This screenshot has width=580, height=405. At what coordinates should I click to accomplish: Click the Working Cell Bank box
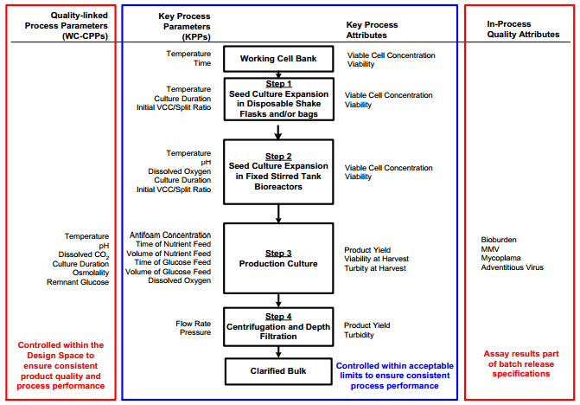[x=277, y=59]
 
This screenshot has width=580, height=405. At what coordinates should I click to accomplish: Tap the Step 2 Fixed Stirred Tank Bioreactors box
[x=277, y=170]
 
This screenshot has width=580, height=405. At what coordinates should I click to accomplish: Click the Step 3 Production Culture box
[x=277, y=258]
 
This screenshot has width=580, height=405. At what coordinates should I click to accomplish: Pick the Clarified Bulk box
[x=277, y=371]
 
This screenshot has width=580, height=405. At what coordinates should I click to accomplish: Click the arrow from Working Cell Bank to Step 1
[x=277, y=74]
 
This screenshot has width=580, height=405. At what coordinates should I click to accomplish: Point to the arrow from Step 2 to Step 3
[x=277, y=213]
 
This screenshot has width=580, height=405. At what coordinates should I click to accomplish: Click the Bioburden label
[x=500, y=239]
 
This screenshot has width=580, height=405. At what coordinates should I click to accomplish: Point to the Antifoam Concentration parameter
[x=169, y=235]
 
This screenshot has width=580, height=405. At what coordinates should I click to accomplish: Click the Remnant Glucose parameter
[x=80, y=282]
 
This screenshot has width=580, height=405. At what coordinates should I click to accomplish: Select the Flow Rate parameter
[x=192, y=325]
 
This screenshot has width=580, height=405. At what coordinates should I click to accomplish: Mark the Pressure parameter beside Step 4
[x=194, y=334]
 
